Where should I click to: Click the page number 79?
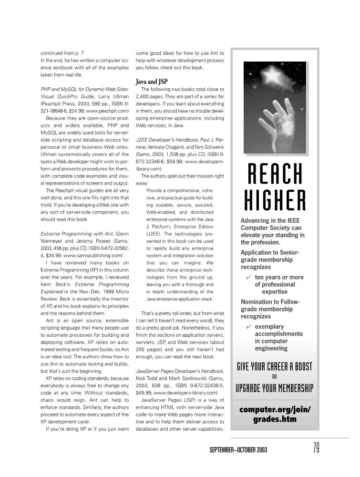coord(316,448)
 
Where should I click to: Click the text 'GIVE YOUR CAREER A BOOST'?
coord(274,366)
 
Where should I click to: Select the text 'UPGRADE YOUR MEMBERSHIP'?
coord(274,388)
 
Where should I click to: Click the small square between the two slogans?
coord(274,377)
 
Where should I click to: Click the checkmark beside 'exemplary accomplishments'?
coord(249,326)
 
